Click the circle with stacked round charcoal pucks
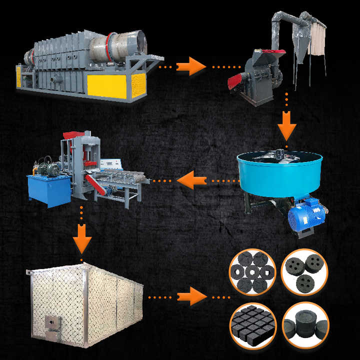pos(304,325)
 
